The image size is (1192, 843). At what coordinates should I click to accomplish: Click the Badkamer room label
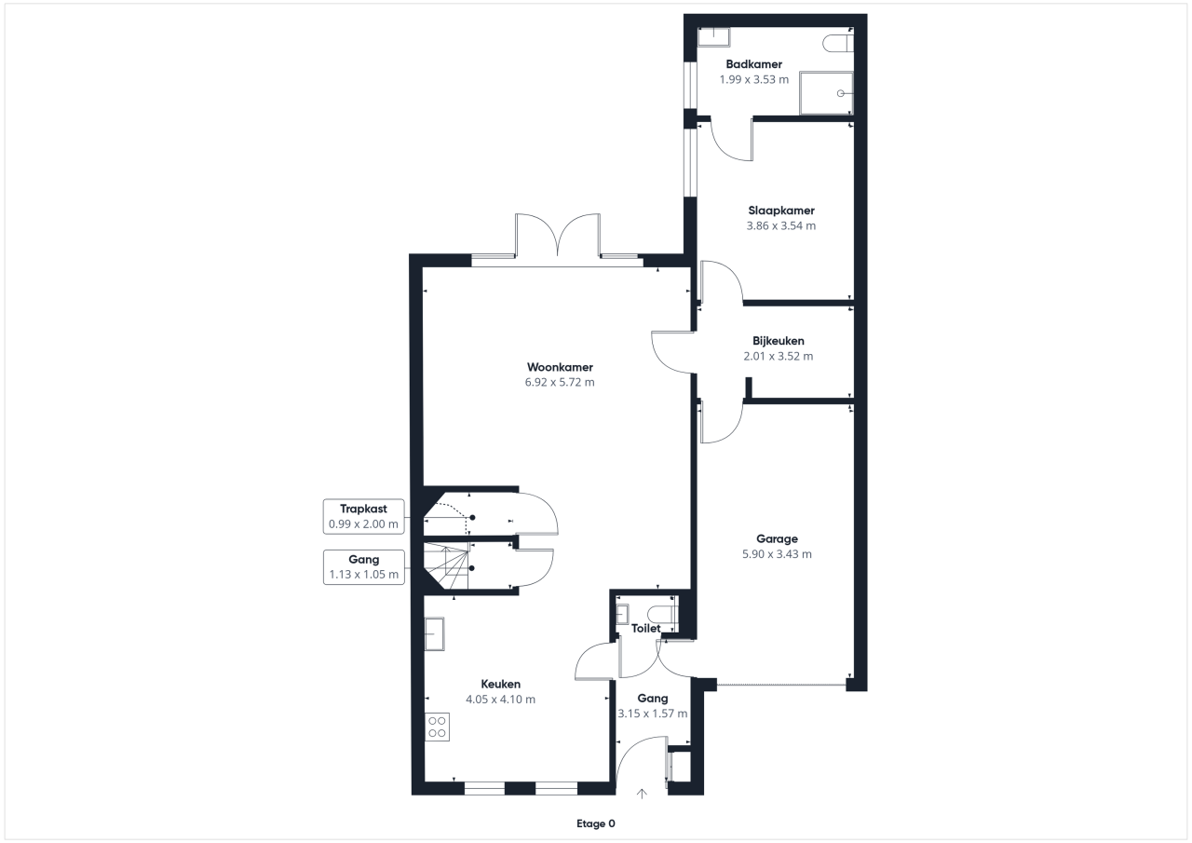pos(753,64)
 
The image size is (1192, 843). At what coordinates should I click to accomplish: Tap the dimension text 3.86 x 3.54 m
pos(780,225)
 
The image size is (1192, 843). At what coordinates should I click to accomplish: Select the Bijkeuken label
pos(778,341)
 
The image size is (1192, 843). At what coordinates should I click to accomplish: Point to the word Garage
pos(777,538)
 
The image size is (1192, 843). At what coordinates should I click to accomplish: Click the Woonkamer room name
pos(560,367)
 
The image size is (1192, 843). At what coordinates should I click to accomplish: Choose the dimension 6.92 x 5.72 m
pos(560,382)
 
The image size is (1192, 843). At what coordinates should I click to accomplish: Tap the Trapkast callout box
pos(363,516)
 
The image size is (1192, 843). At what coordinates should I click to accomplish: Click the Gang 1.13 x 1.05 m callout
pos(363,567)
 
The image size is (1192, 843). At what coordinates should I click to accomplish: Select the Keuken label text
pos(501,684)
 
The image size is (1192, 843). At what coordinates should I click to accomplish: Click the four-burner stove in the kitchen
pos(437,727)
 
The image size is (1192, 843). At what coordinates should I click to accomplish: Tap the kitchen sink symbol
pos(434,633)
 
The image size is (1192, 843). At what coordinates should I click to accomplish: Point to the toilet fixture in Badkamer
pos(838,43)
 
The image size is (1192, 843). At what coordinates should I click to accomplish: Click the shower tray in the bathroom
pos(826,93)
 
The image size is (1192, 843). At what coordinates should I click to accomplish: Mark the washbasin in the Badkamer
pos(713,37)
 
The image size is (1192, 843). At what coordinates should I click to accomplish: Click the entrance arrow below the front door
pos(642,794)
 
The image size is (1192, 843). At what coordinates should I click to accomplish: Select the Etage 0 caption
pos(595,823)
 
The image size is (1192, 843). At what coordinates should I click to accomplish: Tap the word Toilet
pos(646,629)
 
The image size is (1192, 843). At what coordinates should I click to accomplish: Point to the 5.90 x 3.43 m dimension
pos(777,554)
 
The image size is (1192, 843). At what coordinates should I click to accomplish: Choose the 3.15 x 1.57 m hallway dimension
pos(653,714)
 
